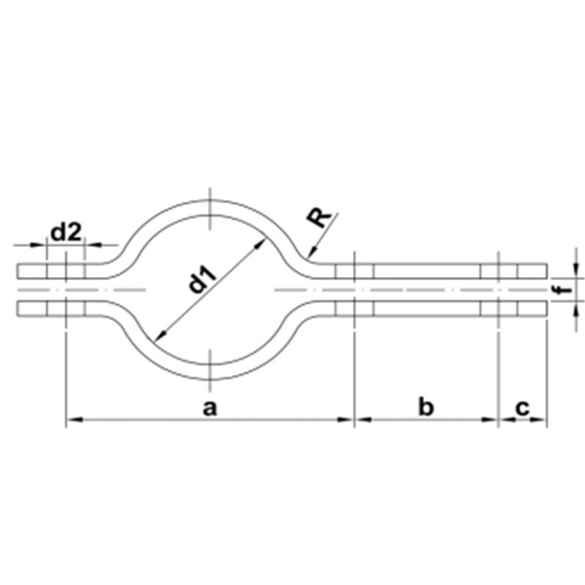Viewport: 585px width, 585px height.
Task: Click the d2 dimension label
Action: pyautogui.click(x=65, y=231)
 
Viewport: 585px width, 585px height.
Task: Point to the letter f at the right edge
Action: pyautogui.click(x=557, y=289)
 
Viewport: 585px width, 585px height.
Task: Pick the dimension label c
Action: pyautogui.click(x=523, y=408)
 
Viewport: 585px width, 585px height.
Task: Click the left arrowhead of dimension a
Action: pyautogui.click(x=73, y=420)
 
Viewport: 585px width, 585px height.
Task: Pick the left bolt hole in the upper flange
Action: pyautogui.click(x=65, y=270)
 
